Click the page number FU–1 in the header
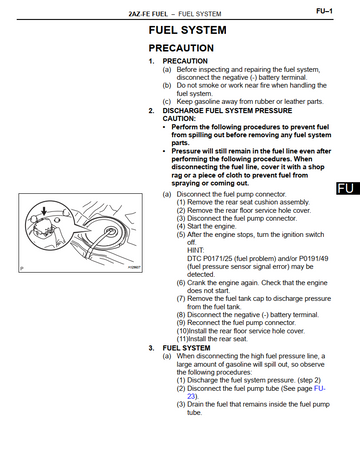click(x=324, y=11)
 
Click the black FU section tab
click(x=348, y=188)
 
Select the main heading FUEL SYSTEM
click(x=187, y=30)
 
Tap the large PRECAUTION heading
click(x=181, y=48)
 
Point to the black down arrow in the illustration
click(x=44, y=211)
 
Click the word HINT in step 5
click(x=196, y=250)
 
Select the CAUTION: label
click(x=179, y=119)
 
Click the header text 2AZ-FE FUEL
click(x=148, y=14)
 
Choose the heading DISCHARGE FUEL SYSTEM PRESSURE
click(x=227, y=111)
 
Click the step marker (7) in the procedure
click(x=181, y=299)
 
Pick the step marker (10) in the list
click(x=182, y=331)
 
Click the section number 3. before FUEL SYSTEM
click(x=152, y=348)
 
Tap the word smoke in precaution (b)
click(x=209, y=85)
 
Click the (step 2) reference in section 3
click(x=309, y=380)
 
